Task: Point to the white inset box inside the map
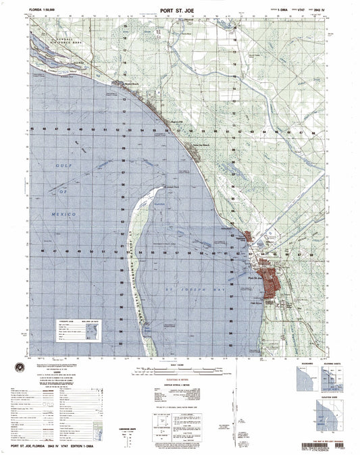[78, 331]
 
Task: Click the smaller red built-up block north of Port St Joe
[248, 238]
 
